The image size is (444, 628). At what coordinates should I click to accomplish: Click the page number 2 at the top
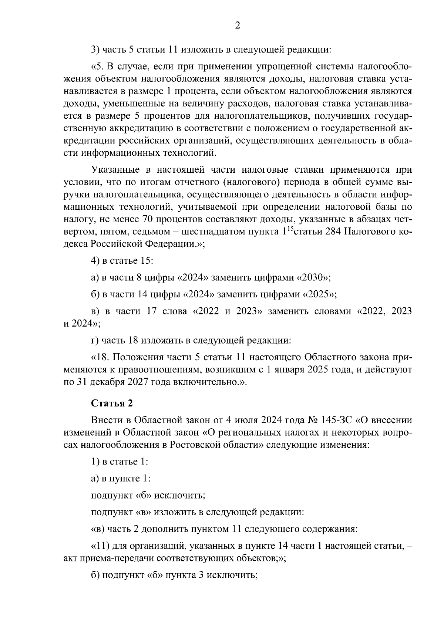click(x=237, y=25)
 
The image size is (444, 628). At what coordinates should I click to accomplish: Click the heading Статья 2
click(x=112, y=403)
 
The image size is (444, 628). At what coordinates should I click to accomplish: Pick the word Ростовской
click(x=193, y=445)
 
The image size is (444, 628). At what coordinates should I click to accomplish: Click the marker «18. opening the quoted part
click(x=101, y=357)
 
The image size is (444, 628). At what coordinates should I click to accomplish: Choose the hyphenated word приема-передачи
click(x=115, y=558)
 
